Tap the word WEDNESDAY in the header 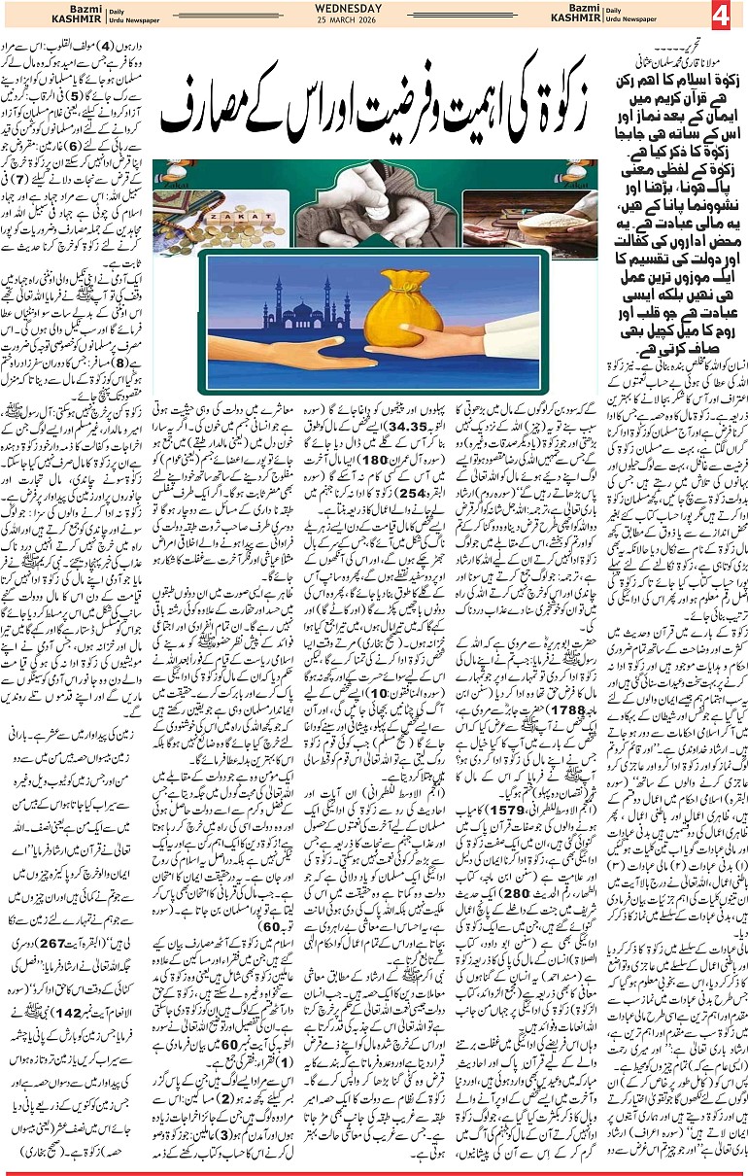tap(349, 9)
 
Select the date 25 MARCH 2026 tap(349, 22)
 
